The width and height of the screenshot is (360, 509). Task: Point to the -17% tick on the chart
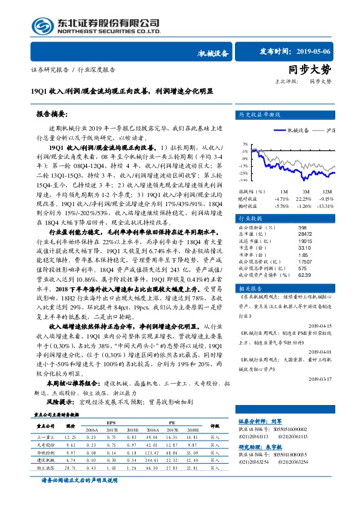coord(243,166)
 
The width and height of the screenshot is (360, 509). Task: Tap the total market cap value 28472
coord(306,233)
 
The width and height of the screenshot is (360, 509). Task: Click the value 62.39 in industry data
coord(305,274)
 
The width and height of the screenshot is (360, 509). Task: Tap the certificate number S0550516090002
coord(284,428)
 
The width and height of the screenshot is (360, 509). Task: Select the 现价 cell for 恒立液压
coord(70,467)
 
